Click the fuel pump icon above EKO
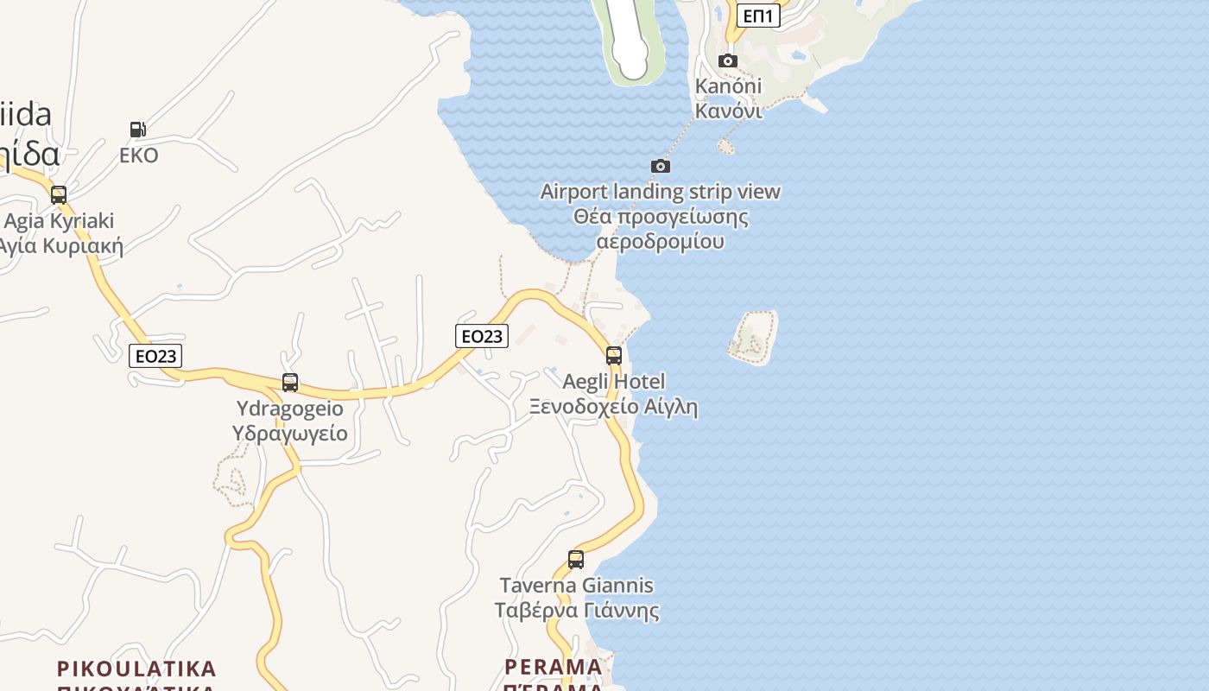pyautogui.click(x=137, y=130)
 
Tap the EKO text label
pyautogui.click(x=139, y=155)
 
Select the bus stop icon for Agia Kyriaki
pyautogui.click(x=59, y=195)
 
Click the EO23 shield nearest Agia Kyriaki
pyautogui.click(x=155, y=355)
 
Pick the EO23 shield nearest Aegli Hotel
pyautogui.click(x=482, y=336)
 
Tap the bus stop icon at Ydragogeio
pyautogui.click(x=290, y=383)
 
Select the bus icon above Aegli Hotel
pyautogui.click(x=614, y=355)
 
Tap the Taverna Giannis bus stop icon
pyautogui.click(x=576, y=560)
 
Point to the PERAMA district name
pyautogui.click(x=554, y=668)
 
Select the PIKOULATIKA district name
pyautogui.click(x=136, y=669)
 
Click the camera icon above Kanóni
pyautogui.click(x=728, y=60)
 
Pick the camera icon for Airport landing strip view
pyautogui.click(x=661, y=166)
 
